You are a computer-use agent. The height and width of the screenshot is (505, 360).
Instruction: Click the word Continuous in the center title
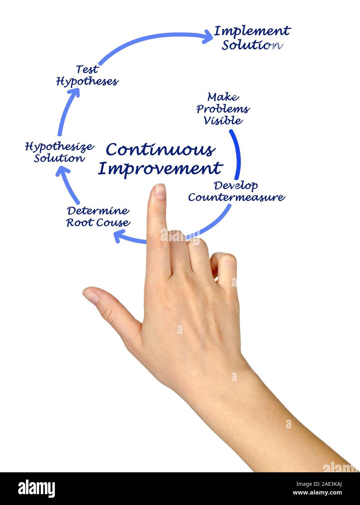click(160, 150)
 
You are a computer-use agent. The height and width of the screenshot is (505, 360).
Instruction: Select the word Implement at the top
click(252, 31)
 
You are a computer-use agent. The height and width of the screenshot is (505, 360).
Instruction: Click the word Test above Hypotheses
click(87, 69)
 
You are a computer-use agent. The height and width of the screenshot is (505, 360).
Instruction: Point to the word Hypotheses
click(87, 81)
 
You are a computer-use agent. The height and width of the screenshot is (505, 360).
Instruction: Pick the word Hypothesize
click(59, 147)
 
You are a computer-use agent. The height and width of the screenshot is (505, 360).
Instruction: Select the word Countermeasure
click(236, 197)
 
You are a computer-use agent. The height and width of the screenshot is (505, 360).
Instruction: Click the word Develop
click(235, 185)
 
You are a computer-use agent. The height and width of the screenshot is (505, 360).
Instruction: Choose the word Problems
click(223, 109)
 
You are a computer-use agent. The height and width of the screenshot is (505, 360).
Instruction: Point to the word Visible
click(223, 120)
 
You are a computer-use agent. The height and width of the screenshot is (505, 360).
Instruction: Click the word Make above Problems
click(223, 97)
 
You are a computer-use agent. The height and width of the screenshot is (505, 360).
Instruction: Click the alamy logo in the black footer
click(36, 489)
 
